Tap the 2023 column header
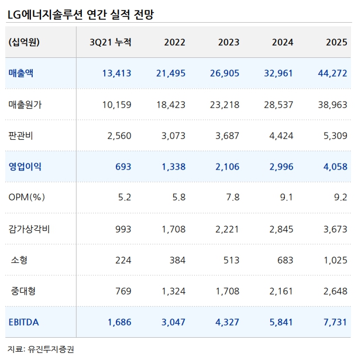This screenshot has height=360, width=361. pyautogui.click(x=229, y=43)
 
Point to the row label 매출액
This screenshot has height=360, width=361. pyautogui.click(x=21, y=74)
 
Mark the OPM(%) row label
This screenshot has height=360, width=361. pyautogui.click(x=27, y=198)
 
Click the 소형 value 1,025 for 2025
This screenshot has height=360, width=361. pyautogui.click(x=334, y=259)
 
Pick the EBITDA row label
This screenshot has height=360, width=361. pyautogui.click(x=23, y=321)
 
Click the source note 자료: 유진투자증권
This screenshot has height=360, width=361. pyautogui.click(x=41, y=349)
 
